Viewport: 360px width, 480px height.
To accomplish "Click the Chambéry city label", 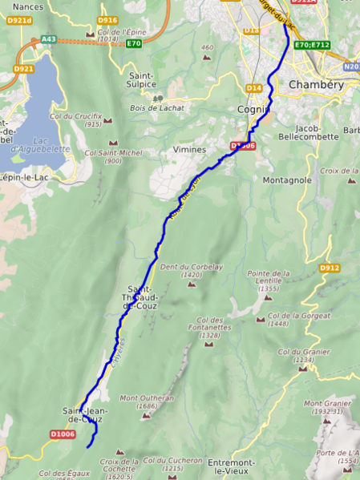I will (x=315, y=84).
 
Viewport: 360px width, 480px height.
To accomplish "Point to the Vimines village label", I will (x=189, y=149).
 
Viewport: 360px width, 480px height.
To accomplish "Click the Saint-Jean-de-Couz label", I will (x=83, y=415).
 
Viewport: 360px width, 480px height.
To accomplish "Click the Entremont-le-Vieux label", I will (x=231, y=467).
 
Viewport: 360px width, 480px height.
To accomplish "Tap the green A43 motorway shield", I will (x=48, y=38).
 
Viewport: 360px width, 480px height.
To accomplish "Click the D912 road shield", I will (x=330, y=268).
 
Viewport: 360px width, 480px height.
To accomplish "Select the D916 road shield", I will (x=107, y=20).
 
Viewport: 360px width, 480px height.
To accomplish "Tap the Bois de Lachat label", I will (x=160, y=108).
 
